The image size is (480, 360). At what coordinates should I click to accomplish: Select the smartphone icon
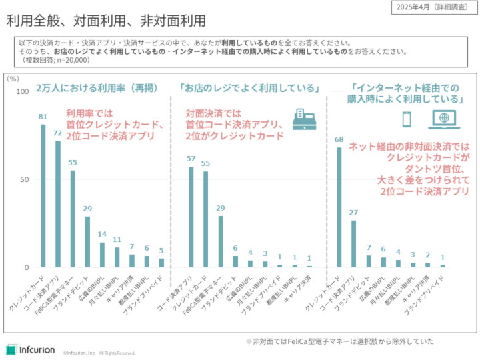(x=406, y=119)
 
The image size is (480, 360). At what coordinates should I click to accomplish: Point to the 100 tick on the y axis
(x=23, y=91)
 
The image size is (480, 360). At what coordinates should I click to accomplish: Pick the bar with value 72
(x=58, y=204)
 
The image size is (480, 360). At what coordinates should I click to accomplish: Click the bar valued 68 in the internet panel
(x=339, y=207)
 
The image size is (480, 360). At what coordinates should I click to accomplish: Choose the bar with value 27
(x=354, y=243)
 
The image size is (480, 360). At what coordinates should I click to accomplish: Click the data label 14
(x=102, y=234)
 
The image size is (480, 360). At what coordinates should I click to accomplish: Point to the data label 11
(x=117, y=239)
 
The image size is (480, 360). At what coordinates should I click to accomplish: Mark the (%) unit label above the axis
(x=13, y=78)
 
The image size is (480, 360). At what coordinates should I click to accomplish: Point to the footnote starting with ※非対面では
(x=339, y=341)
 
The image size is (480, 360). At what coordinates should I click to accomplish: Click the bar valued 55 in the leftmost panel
(x=73, y=219)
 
